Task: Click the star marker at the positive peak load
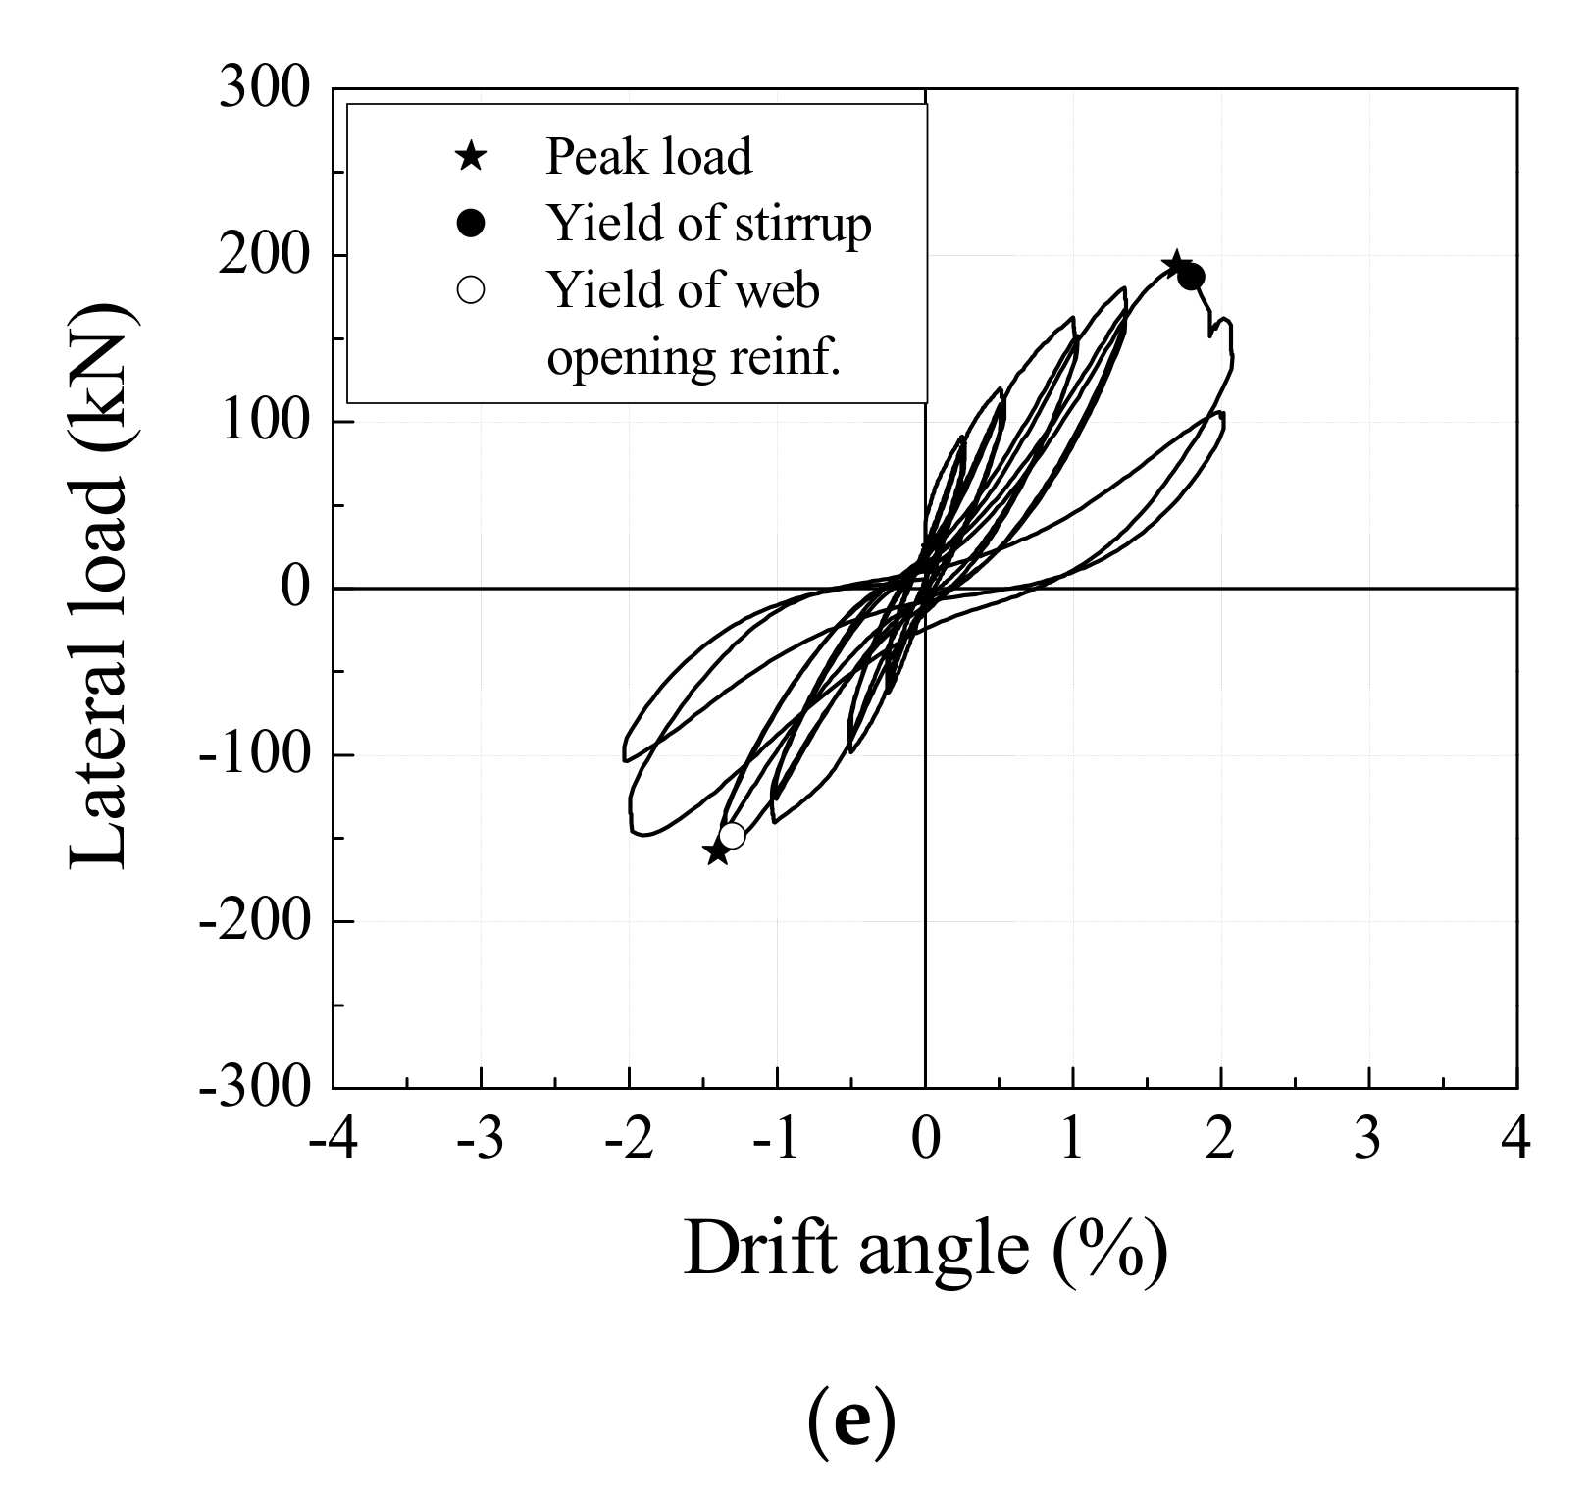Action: [1176, 265]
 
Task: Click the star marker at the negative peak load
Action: [717, 852]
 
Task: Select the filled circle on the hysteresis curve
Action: [1191, 277]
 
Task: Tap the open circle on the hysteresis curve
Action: [732, 836]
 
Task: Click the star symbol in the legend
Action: [471, 156]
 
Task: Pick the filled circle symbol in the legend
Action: [471, 224]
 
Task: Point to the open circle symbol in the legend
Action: [471, 291]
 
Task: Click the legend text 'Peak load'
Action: [648, 156]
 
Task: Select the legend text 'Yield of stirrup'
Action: [708, 224]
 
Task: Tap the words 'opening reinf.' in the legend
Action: [693, 357]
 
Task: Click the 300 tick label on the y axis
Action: [264, 89]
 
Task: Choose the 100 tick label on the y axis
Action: [264, 422]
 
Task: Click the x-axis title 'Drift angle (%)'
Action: [925, 1248]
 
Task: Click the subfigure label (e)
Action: [850, 1424]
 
